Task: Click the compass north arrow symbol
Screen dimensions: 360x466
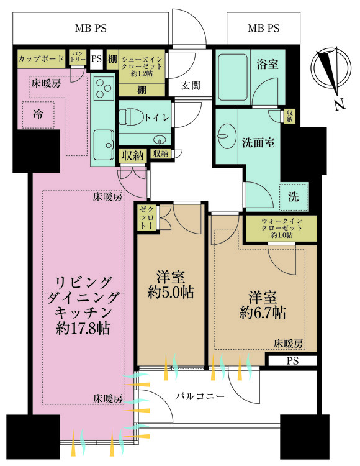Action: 330,70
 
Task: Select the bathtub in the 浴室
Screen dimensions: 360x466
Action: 233,77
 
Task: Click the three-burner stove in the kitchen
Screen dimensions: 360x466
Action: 104,88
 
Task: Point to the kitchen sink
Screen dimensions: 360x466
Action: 104,145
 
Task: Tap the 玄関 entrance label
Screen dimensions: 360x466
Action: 191,86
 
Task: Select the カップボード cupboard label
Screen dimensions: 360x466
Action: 41,58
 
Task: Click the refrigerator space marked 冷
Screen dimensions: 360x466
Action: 38,115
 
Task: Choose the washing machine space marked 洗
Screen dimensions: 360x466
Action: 294,197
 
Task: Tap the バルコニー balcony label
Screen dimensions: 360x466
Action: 199,396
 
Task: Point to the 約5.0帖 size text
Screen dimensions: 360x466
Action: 171,292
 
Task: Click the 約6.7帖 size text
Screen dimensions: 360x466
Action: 263,313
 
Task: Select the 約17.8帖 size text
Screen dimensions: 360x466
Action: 83,329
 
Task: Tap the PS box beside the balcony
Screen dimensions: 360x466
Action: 292,361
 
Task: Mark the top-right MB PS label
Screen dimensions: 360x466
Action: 264,28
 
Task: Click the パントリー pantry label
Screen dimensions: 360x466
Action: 78,56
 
